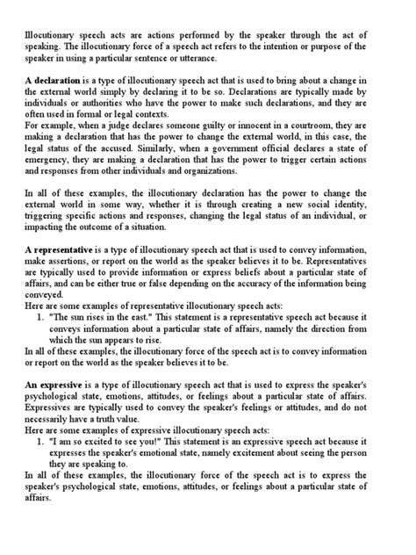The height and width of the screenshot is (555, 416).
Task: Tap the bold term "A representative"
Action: click(65, 250)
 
